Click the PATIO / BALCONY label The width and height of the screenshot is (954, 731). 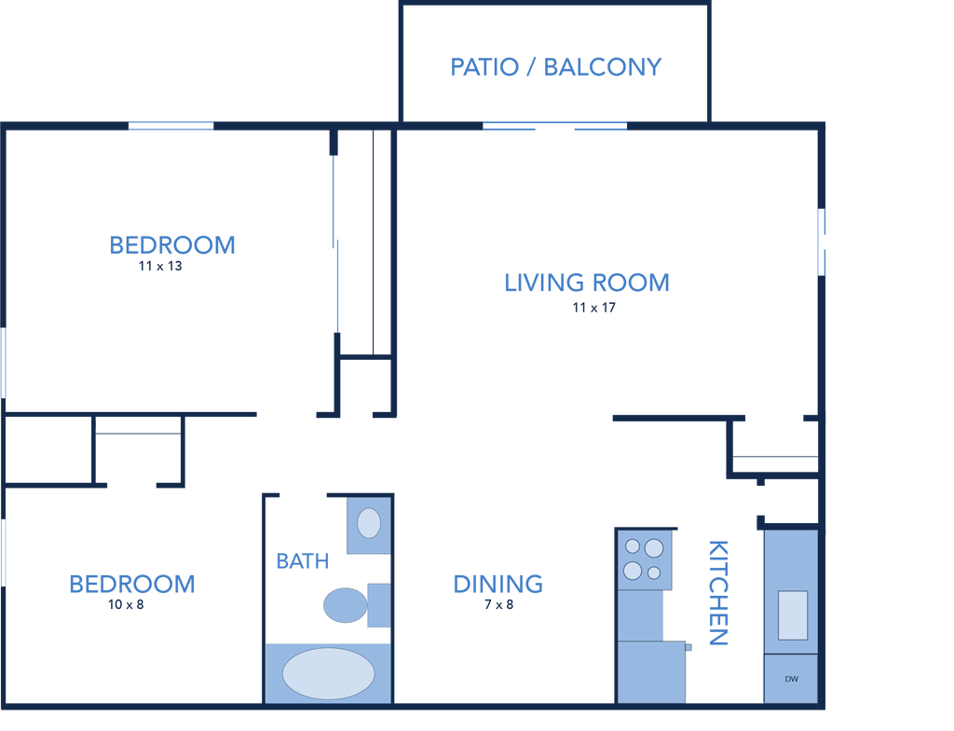click(556, 67)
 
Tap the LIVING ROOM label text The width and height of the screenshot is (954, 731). click(586, 283)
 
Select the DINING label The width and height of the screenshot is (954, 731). click(497, 584)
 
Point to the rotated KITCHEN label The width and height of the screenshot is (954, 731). click(718, 592)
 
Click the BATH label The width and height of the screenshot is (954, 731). click(303, 561)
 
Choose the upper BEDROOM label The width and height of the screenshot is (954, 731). click(172, 245)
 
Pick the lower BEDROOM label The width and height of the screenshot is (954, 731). click(132, 584)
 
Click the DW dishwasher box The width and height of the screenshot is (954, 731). click(791, 678)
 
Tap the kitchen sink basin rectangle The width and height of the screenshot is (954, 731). click(793, 614)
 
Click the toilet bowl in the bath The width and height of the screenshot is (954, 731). click(343, 605)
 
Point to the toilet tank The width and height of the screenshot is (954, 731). click(378, 605)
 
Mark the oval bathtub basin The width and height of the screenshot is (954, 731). click(328, 673)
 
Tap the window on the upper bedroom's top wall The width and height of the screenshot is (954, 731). click(170, 126)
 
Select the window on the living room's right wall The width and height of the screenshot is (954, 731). click(823, 242)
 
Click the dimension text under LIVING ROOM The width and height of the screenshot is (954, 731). click(593, 308)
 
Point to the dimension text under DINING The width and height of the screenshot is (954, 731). click(497, 605)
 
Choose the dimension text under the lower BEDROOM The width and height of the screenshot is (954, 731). click(126, 605)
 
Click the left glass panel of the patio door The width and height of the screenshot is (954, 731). click(511, 126)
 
